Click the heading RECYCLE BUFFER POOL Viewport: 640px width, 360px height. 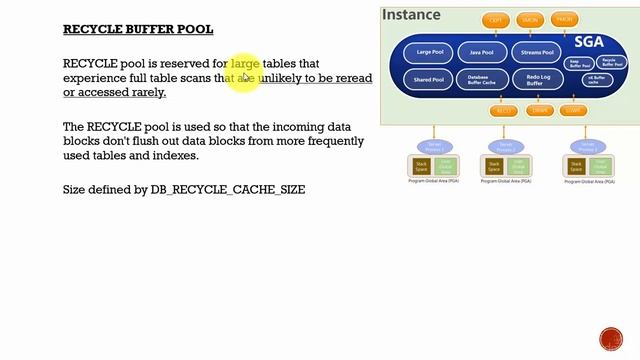click(x=138, y=30)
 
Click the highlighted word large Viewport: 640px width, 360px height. click(x=245, y=64)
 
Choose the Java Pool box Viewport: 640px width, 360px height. click(x=482, y=53)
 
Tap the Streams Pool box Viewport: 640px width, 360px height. click(x=537, y=53)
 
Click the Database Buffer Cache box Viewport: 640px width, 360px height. click(x=482, y=80)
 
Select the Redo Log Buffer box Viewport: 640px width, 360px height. click(x=537, y=80)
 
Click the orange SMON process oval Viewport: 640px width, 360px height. click(x=530, y=19)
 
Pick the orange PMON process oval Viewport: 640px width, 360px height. click(x=565, y=19)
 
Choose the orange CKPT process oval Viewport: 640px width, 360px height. click(x=496, y=19)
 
